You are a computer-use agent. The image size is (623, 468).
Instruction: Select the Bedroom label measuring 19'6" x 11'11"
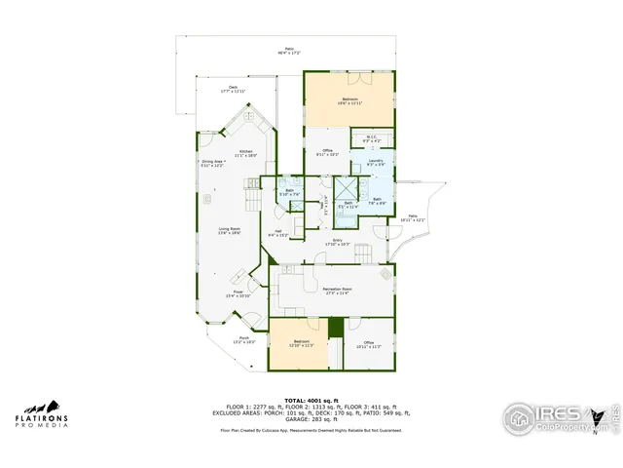349,100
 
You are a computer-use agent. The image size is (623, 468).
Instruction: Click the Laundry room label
376,161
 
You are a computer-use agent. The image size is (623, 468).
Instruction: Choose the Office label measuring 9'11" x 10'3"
327,152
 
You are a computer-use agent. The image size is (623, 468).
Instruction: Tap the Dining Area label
213,163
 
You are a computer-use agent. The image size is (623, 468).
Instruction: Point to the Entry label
338,242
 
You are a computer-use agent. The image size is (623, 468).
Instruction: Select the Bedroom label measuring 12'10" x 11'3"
301,343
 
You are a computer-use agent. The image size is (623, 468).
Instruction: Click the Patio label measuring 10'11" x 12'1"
413,218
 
